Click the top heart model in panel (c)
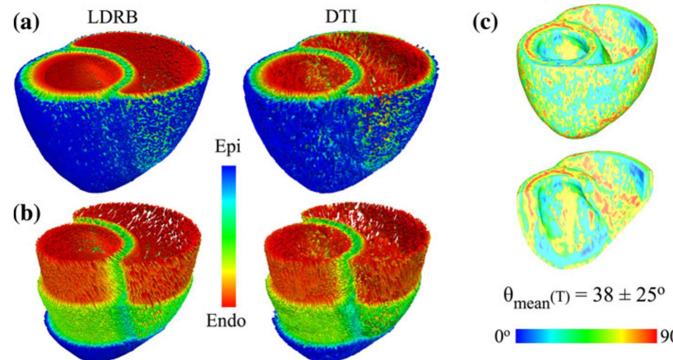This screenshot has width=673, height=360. coord(587,71)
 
